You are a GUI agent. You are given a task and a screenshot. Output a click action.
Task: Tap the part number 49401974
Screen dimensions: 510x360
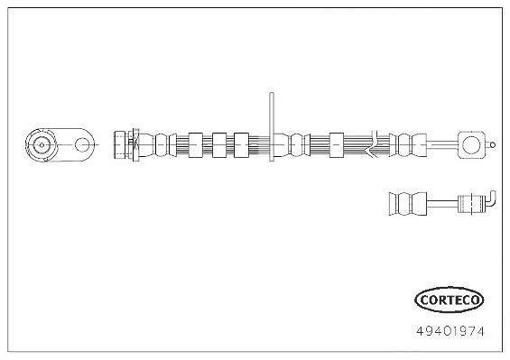pos(450,331)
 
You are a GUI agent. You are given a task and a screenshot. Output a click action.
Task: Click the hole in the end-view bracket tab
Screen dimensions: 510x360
pos(81,144)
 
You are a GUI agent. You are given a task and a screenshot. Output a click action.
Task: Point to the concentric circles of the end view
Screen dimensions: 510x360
pos(42,145)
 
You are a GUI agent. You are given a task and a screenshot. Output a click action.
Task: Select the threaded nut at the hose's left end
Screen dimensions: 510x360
pos(120,144)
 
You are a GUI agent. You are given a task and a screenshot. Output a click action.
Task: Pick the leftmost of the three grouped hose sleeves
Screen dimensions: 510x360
pos(196,145)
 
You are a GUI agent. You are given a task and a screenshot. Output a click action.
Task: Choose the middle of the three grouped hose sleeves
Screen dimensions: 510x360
pos(219,145)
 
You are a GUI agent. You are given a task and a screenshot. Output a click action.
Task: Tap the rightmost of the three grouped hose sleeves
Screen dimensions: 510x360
pos(241,145)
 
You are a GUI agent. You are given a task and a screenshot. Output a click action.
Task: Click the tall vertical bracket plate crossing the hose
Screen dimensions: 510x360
pos(272,126)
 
